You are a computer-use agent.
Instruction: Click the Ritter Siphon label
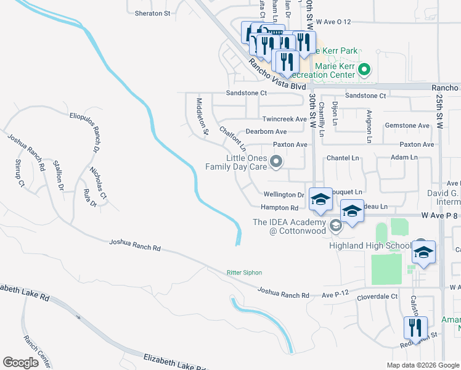pos(245,272)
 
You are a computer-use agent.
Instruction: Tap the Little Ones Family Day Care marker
pos(277,163)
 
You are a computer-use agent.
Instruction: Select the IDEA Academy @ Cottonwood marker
pos(335,224)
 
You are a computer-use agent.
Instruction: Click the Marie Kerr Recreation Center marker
pos(364,70)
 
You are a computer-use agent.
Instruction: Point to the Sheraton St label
pos(152,13)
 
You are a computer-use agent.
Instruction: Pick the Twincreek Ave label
pos(284,119)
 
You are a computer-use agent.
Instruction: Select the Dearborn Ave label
pos(266,131)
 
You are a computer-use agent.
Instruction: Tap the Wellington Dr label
pos(284,194)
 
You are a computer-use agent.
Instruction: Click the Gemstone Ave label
pos(407,125)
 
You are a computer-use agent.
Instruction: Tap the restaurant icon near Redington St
pos(415,328)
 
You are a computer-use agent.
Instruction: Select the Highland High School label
pos(378,246)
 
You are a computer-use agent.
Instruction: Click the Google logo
pos(21,362)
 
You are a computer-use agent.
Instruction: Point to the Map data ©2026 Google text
pos(422,365)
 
